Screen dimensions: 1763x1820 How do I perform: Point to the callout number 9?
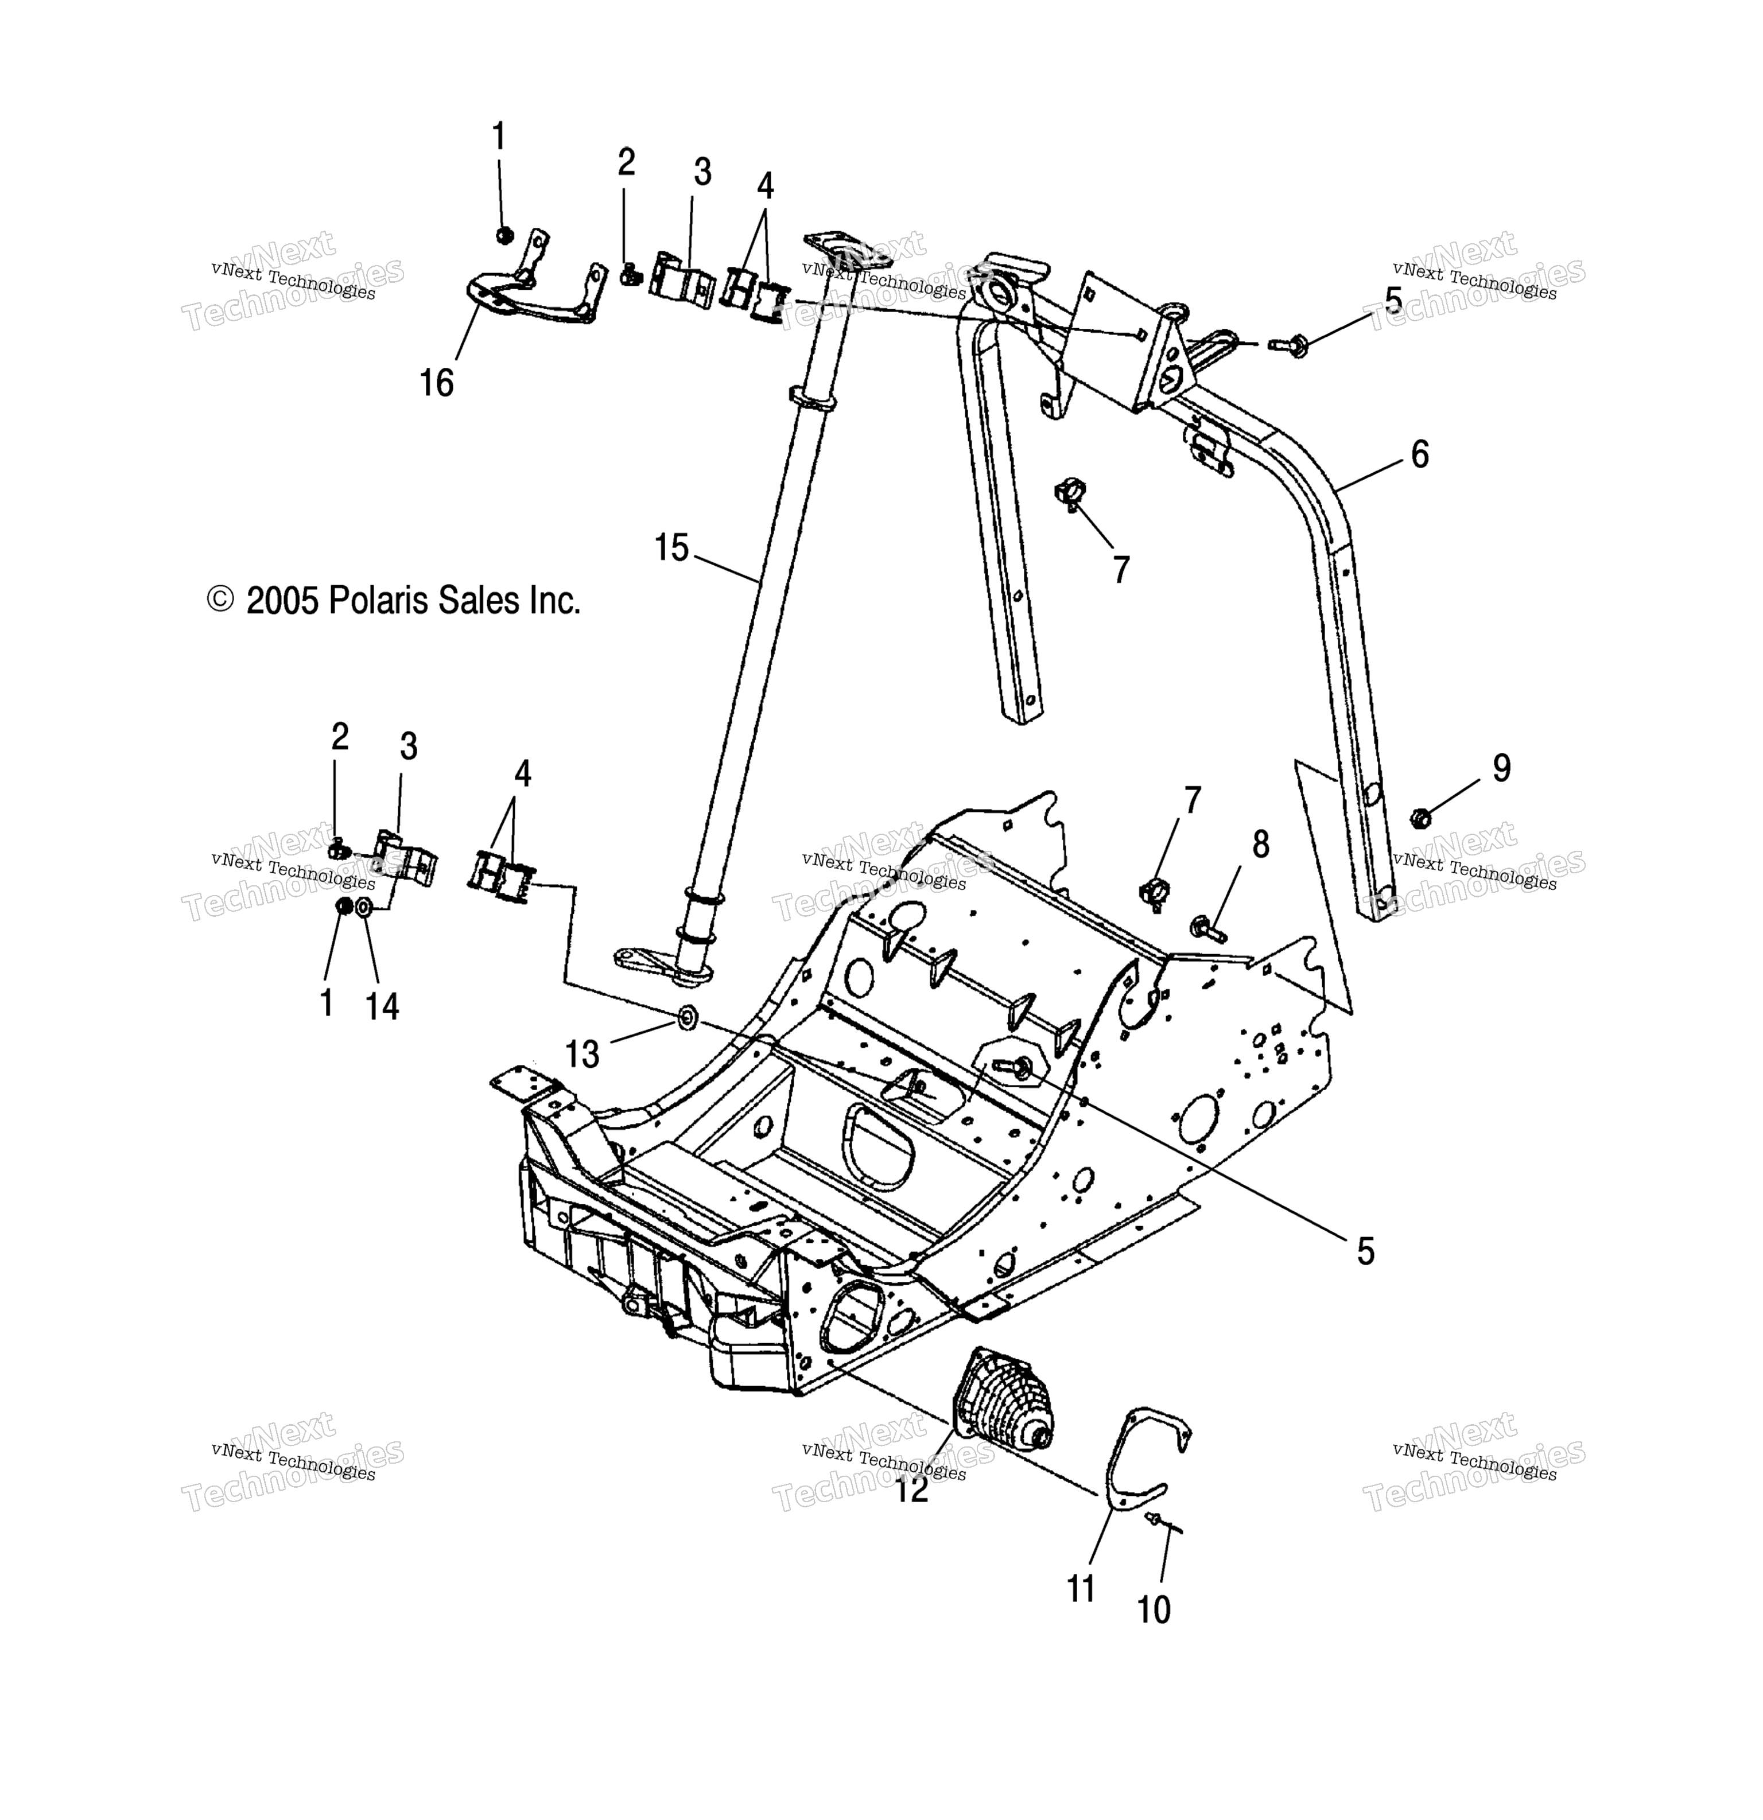[1501, 767]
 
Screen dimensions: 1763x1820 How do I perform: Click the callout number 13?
[583, 1054]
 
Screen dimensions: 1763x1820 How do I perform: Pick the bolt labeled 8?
[1206, 926]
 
